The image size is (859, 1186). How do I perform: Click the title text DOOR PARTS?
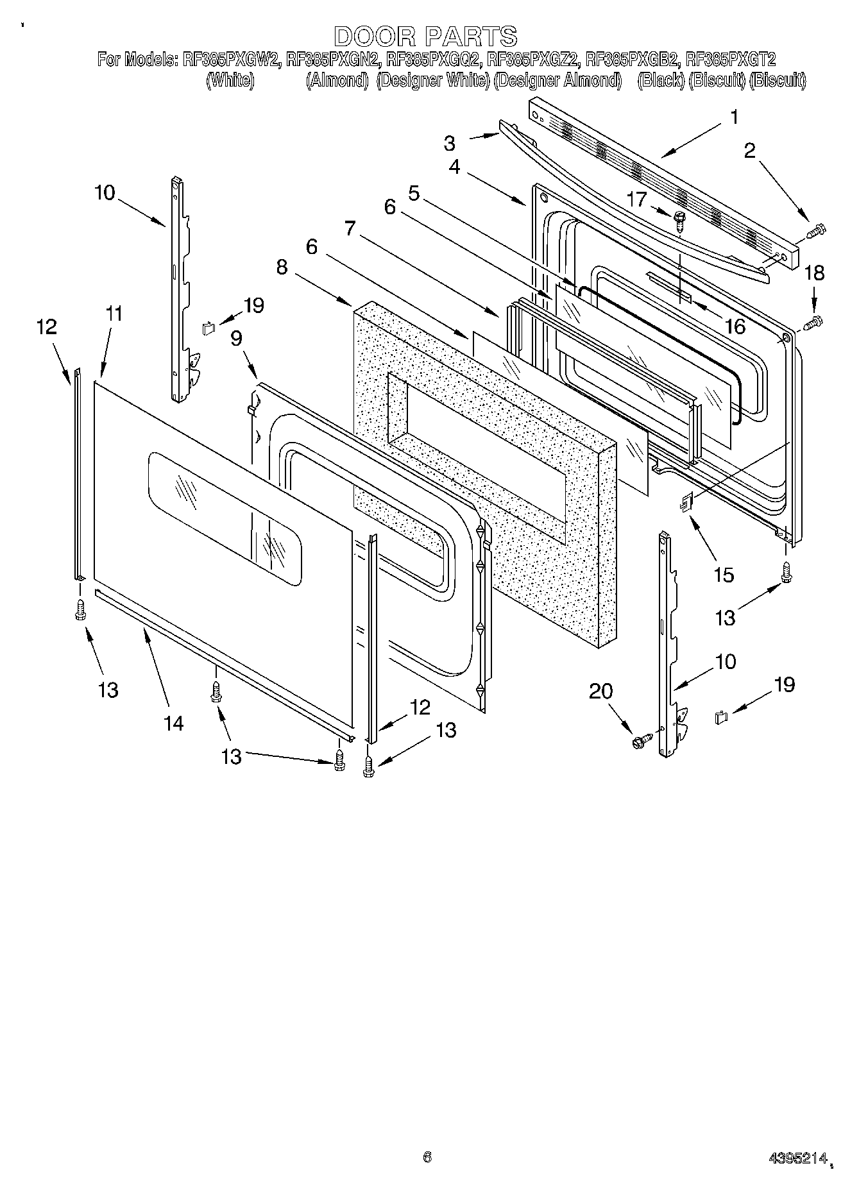(x=426, y=35)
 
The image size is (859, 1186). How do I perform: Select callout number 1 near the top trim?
(x=734, y=117)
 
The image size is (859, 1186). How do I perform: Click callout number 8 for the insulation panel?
(x=282, y=267)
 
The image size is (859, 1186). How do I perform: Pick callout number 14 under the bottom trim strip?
(x=173, y=723)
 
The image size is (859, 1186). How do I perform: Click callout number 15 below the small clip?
(x=723, y=574)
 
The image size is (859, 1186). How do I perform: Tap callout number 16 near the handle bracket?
(x=735, y=326)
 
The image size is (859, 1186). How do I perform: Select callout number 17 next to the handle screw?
(x=637, y=199)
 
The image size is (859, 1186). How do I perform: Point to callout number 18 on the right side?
(x=814, y=273)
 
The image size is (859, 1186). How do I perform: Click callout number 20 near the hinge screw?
(x=601, y=691)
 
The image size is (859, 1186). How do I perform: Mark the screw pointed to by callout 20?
(x=640, y=741)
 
